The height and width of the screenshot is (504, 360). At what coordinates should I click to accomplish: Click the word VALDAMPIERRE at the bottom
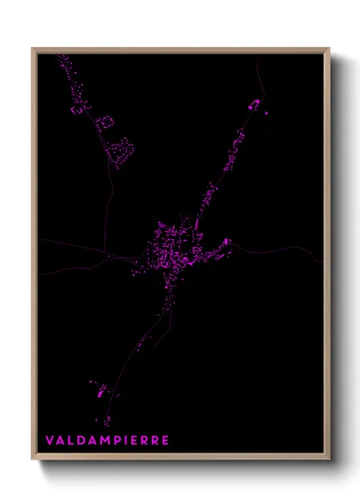[x=107, y=440]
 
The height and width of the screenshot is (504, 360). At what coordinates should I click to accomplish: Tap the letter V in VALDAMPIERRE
[x=50, y=440]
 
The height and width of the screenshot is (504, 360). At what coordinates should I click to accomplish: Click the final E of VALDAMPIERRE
[x=165, y=440]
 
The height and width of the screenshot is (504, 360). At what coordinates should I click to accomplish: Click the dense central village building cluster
[x=176, y=249]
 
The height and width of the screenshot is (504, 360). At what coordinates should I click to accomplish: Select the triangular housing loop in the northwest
[x=122, y=152]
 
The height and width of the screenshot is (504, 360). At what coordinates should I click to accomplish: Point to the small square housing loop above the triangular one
[x=105, y=123]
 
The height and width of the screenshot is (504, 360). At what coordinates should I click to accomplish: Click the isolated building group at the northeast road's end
[x=254, y=105]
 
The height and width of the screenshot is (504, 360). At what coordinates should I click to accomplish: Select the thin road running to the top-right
[x=257, y=77]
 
